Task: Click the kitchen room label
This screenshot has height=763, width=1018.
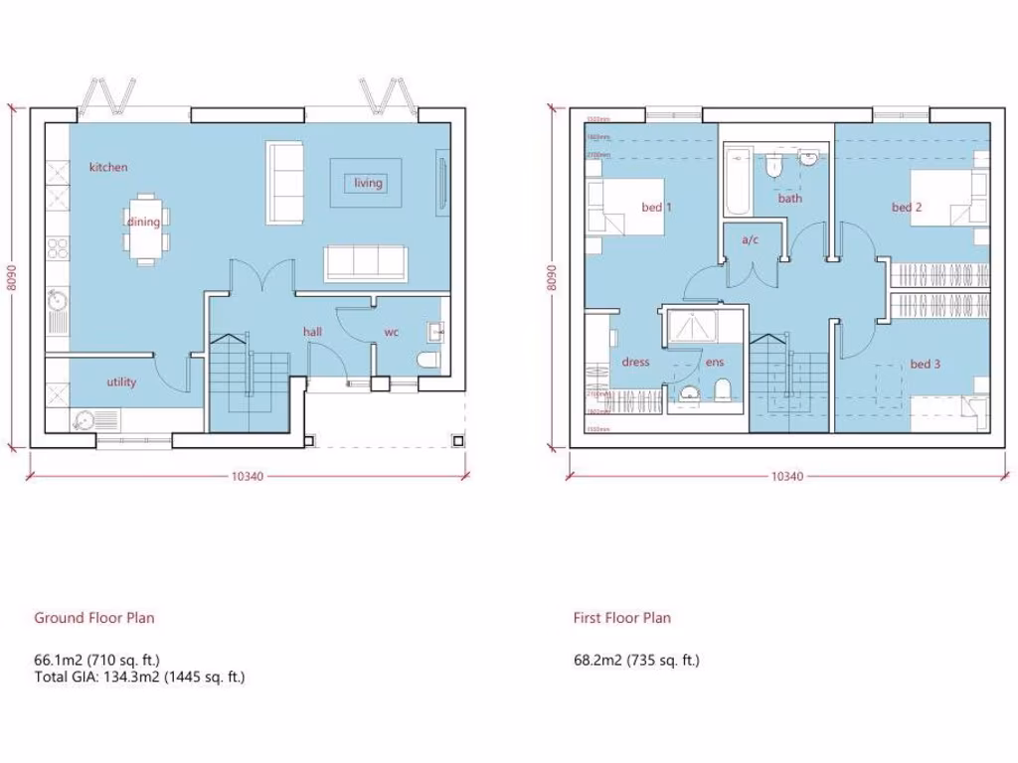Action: pyautogui.click(x=108, y=167)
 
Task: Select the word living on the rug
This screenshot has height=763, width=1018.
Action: pyautogui.click(x=368, y=183)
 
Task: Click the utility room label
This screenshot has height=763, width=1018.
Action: pyautogui.click(x=121, y=382)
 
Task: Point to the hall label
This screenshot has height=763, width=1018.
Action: pyautogui.click(x=312, y=332)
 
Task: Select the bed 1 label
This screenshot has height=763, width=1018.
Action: pyautogui.click(x=656, y=208)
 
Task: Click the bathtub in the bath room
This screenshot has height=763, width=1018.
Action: pyautogui.click(x=738, y=182)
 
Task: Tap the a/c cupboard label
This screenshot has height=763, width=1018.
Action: pyautogui.click(x=752, y=239)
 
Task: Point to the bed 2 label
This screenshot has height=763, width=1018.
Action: pyautogui.click(x=907, y=208)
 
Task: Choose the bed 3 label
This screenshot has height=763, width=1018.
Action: pyautogui.click(x=925, y=365)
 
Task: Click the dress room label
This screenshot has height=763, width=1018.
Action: pyautogui.click(x=635, y=363)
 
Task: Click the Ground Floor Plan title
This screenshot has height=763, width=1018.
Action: pyautogui.click(x=94, y=618)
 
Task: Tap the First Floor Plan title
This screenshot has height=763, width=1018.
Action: pyautogui.click(x=621, y=618)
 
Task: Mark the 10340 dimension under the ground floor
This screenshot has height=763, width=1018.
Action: pyautogui.click(x=247, y=476)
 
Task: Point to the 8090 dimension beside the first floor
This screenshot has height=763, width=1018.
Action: pyautogui.click(x=551, y=277)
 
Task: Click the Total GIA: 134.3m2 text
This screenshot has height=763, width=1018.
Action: pyautogui.click(x=139, y=678)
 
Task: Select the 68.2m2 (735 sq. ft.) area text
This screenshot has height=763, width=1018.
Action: pyautogui.click(x=635, y=660)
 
